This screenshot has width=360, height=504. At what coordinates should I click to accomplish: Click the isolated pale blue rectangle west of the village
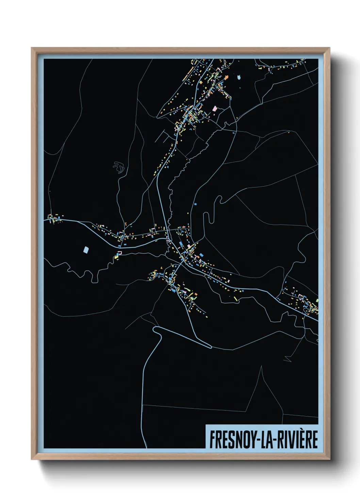tap(86, 250)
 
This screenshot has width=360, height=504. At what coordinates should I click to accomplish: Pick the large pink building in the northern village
tap(214, 109)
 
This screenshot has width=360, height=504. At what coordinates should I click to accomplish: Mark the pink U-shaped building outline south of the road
tap(119, 252)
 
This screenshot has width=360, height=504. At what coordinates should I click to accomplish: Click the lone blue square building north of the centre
tap(195, 204)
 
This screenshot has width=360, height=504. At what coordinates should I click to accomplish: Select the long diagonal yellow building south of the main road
tap(116, 257)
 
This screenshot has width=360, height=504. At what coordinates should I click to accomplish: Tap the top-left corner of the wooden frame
tap(32, 48)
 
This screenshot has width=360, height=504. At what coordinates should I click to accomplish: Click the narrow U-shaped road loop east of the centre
tap(206, 218)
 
